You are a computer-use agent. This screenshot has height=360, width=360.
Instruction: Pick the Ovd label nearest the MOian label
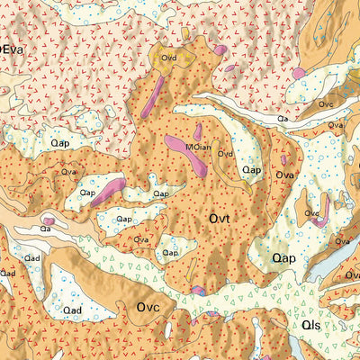(226, 154)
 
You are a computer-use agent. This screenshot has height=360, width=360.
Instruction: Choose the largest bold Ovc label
(148, 307)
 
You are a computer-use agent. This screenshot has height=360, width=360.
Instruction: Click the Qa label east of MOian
(283, 118)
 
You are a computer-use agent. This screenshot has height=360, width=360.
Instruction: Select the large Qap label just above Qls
(284, 258)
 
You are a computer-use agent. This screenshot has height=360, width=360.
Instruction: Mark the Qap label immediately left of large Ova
(252, 169)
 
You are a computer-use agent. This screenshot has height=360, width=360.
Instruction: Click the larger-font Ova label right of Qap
(286, 175)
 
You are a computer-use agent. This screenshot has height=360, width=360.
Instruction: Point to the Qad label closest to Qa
(32, 257)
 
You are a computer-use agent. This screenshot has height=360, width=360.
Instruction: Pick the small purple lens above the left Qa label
(49, 219)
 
